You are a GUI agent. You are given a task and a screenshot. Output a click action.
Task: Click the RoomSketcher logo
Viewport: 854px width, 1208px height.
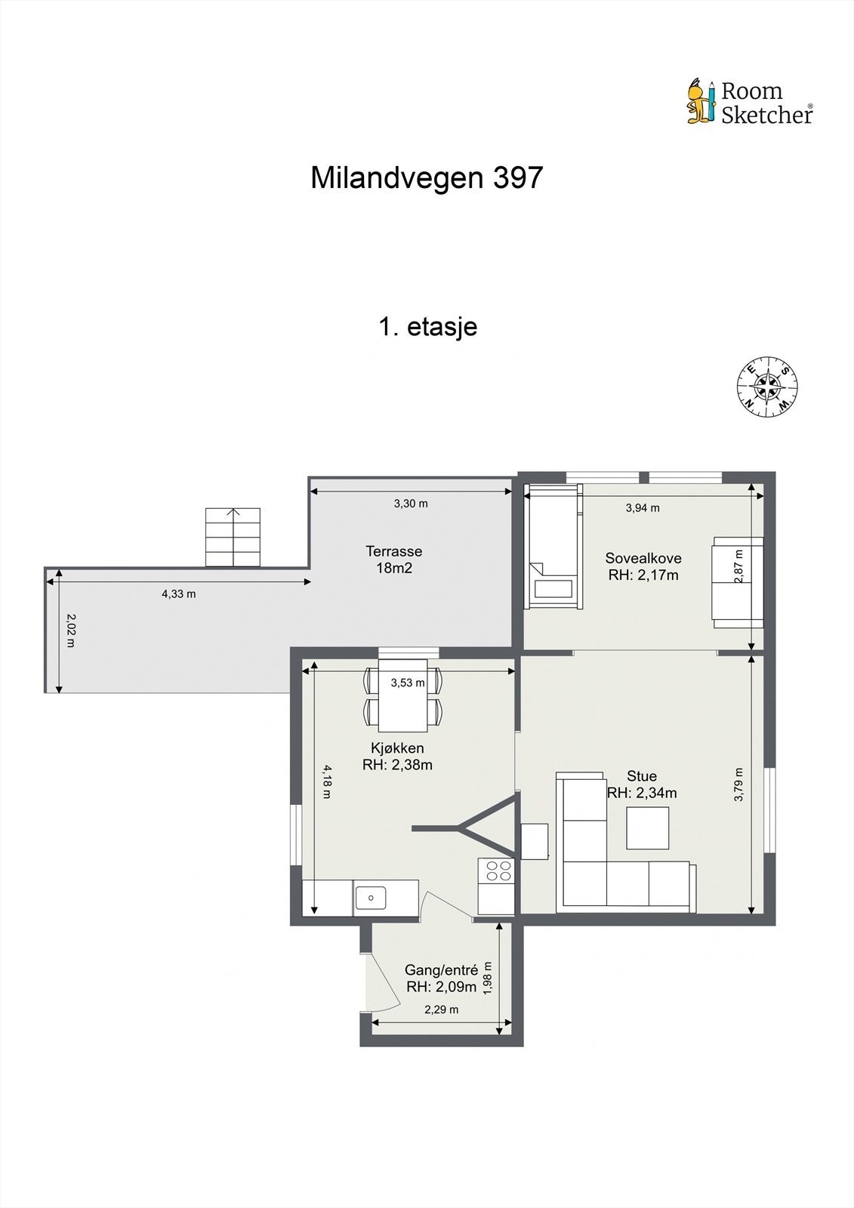[x=751, y=102]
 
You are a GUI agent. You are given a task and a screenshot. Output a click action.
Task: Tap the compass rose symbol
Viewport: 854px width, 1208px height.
[x=767, y=386]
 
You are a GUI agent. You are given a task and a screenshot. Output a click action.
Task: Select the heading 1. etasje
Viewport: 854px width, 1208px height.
[x=428, y=326]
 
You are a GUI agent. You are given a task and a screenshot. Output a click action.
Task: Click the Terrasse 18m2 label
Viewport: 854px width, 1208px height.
[x=394, y=559]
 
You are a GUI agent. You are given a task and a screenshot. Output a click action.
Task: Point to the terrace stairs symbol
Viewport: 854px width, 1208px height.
[x=233, y=537]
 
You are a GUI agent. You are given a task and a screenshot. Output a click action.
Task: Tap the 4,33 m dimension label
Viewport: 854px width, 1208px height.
[x=178, y=594]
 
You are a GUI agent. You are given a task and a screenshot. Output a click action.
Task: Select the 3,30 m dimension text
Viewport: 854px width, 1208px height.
[x=411, y=504]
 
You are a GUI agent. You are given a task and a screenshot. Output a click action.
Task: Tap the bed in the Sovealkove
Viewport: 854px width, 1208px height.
[x=554, y=547]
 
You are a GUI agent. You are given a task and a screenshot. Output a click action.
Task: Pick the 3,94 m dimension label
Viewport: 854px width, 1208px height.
[x=643, y=507]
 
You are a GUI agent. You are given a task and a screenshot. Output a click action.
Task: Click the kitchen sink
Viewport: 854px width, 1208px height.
[x=370, y=898]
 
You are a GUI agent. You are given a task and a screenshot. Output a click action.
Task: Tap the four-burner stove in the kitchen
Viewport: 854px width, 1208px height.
[x=498, y=870]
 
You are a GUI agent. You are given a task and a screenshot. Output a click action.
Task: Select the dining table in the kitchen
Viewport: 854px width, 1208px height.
[x=403, y=695]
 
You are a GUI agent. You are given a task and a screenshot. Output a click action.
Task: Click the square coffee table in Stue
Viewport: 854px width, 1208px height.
[x=647, y=827]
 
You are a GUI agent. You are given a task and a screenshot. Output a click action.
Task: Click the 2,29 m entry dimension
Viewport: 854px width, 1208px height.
[x=441, y=1009]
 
